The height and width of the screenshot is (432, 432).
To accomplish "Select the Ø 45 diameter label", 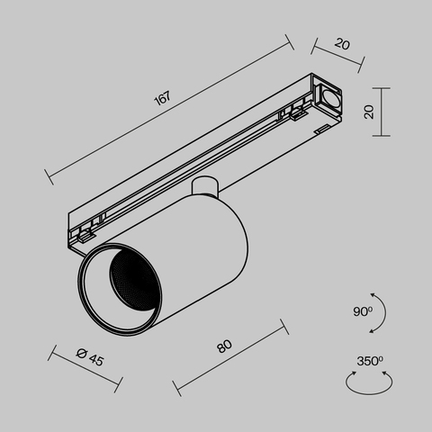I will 90,358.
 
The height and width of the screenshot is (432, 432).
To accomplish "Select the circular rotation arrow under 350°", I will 369,382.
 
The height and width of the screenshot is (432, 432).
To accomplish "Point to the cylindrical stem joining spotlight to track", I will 206,187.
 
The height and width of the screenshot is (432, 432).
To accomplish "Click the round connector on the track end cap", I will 328,97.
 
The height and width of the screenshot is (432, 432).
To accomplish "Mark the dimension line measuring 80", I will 229,357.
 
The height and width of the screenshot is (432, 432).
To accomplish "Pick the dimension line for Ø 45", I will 86,369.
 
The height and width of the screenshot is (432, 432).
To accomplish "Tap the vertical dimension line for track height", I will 386,112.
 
